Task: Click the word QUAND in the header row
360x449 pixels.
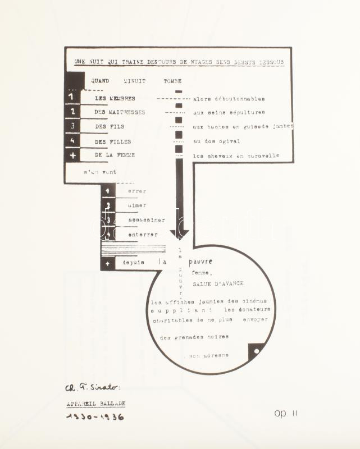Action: pos(100,81)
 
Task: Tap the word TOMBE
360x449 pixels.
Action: pos(172,81)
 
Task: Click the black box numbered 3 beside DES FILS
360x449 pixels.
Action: pos(72,126)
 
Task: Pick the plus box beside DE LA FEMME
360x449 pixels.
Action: pos(72,155)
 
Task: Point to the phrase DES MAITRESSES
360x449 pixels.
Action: pos(120,112)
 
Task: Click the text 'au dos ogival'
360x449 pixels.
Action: pos(216,141)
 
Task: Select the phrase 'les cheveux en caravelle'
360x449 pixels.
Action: pos(236,156)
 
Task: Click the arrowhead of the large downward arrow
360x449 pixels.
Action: pos(179,232)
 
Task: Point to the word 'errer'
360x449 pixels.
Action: pos(137,191)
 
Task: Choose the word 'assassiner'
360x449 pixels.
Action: pos(143,220)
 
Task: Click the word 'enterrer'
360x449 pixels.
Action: pos(143,235)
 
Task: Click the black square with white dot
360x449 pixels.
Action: pos(256,351)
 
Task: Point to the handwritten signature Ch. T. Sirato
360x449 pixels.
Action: pos(93,387)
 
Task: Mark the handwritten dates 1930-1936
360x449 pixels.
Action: pos(95,417)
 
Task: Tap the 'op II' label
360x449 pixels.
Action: pos(286,414)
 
